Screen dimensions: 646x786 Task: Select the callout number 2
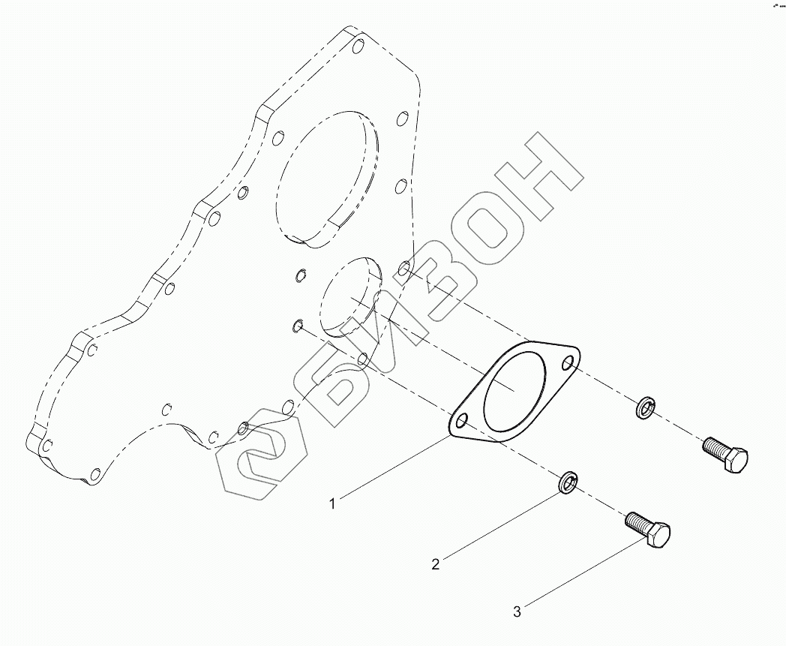[435, 564]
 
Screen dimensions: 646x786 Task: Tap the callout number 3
[516, 611]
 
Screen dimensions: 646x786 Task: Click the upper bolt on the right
[725, 455]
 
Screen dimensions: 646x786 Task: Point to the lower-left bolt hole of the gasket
[462, 421]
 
